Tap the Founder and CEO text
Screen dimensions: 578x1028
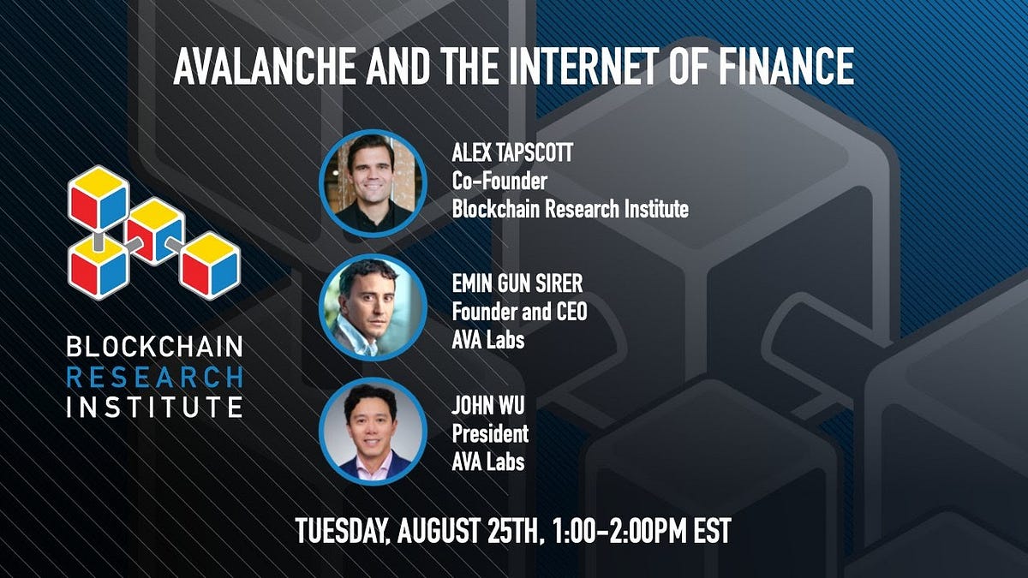click(520, 313)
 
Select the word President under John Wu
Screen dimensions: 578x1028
click(490, 433)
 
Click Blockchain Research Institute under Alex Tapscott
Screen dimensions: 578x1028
click(571, 208)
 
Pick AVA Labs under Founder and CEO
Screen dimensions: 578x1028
click(488, 340)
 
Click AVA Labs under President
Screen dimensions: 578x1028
click(488, 461)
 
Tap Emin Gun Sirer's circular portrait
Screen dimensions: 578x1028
click(373, 307)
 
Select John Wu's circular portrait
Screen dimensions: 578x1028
click(373, 431)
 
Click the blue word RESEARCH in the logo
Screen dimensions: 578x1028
click(155, 376)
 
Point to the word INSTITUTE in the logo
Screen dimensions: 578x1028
click(155, 404)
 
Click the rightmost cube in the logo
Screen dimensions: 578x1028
click(211, 265)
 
